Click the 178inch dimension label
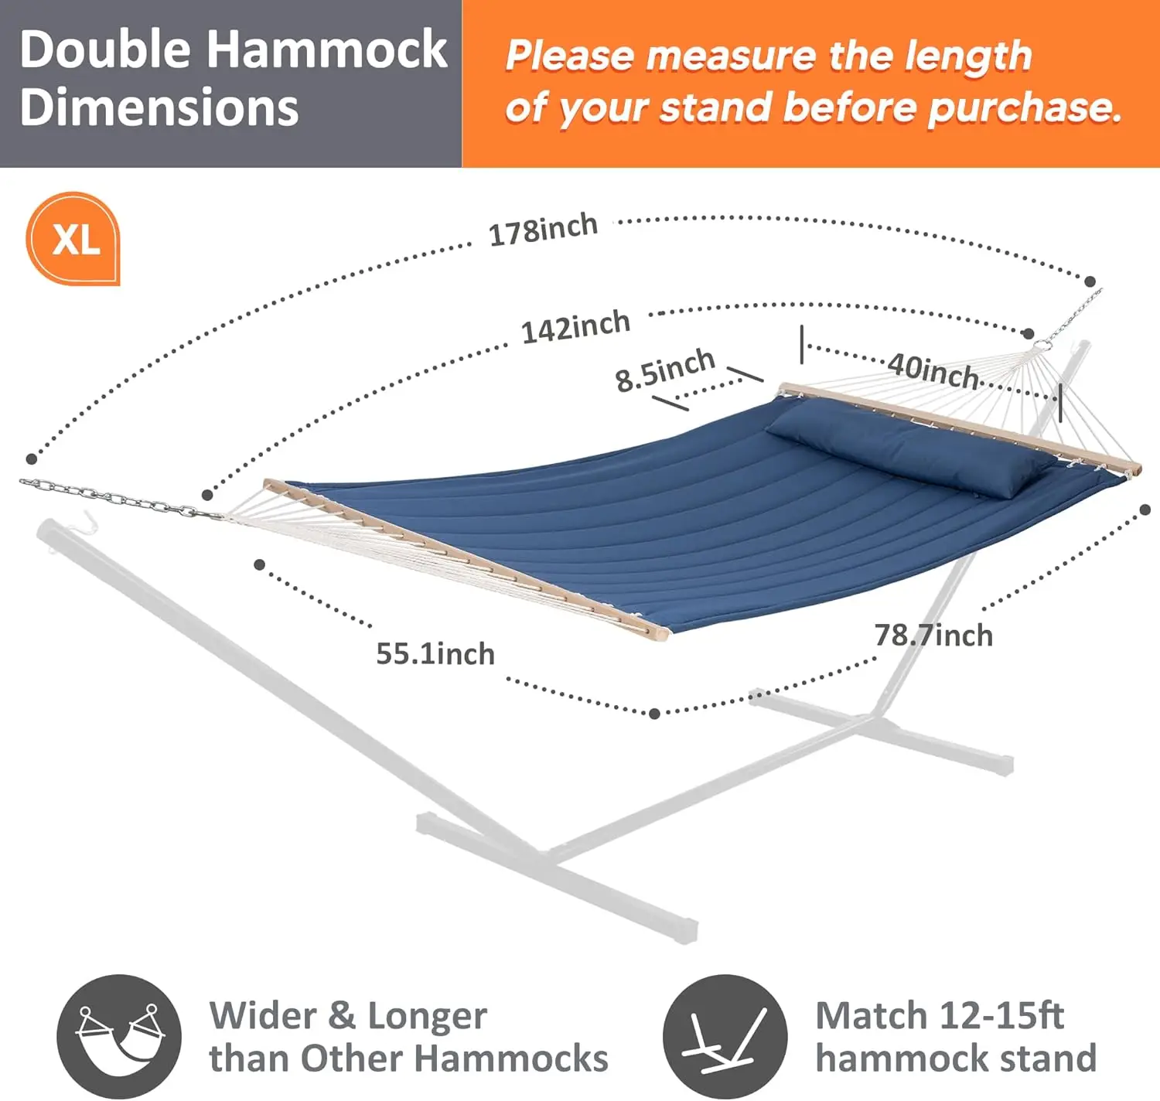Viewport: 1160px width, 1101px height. click(x=543, y=230)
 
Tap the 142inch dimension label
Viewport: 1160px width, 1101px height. click(x=575, y=327)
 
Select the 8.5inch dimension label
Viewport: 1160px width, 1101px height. click(x=665, y=370)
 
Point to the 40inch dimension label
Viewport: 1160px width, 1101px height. click(x=933, y=370)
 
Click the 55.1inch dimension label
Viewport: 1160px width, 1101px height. click(x=435, y=654)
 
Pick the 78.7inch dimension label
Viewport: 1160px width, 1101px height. click(x=933, y=636)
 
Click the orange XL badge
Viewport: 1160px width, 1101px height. click(x=74, y=239)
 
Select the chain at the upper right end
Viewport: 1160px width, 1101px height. click(x=1076, y=312)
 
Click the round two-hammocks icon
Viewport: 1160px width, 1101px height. click(x=119, y=1035)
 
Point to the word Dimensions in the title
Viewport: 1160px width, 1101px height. click(x=159, y=107)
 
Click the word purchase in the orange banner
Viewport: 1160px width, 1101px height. click(x=1024, y=107)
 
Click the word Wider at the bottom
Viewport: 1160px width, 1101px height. click(x=262, y=1015)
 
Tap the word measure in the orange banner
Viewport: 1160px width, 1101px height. click(x=730, y=56)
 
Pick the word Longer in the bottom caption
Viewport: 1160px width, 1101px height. click(x=427, y=1015)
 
